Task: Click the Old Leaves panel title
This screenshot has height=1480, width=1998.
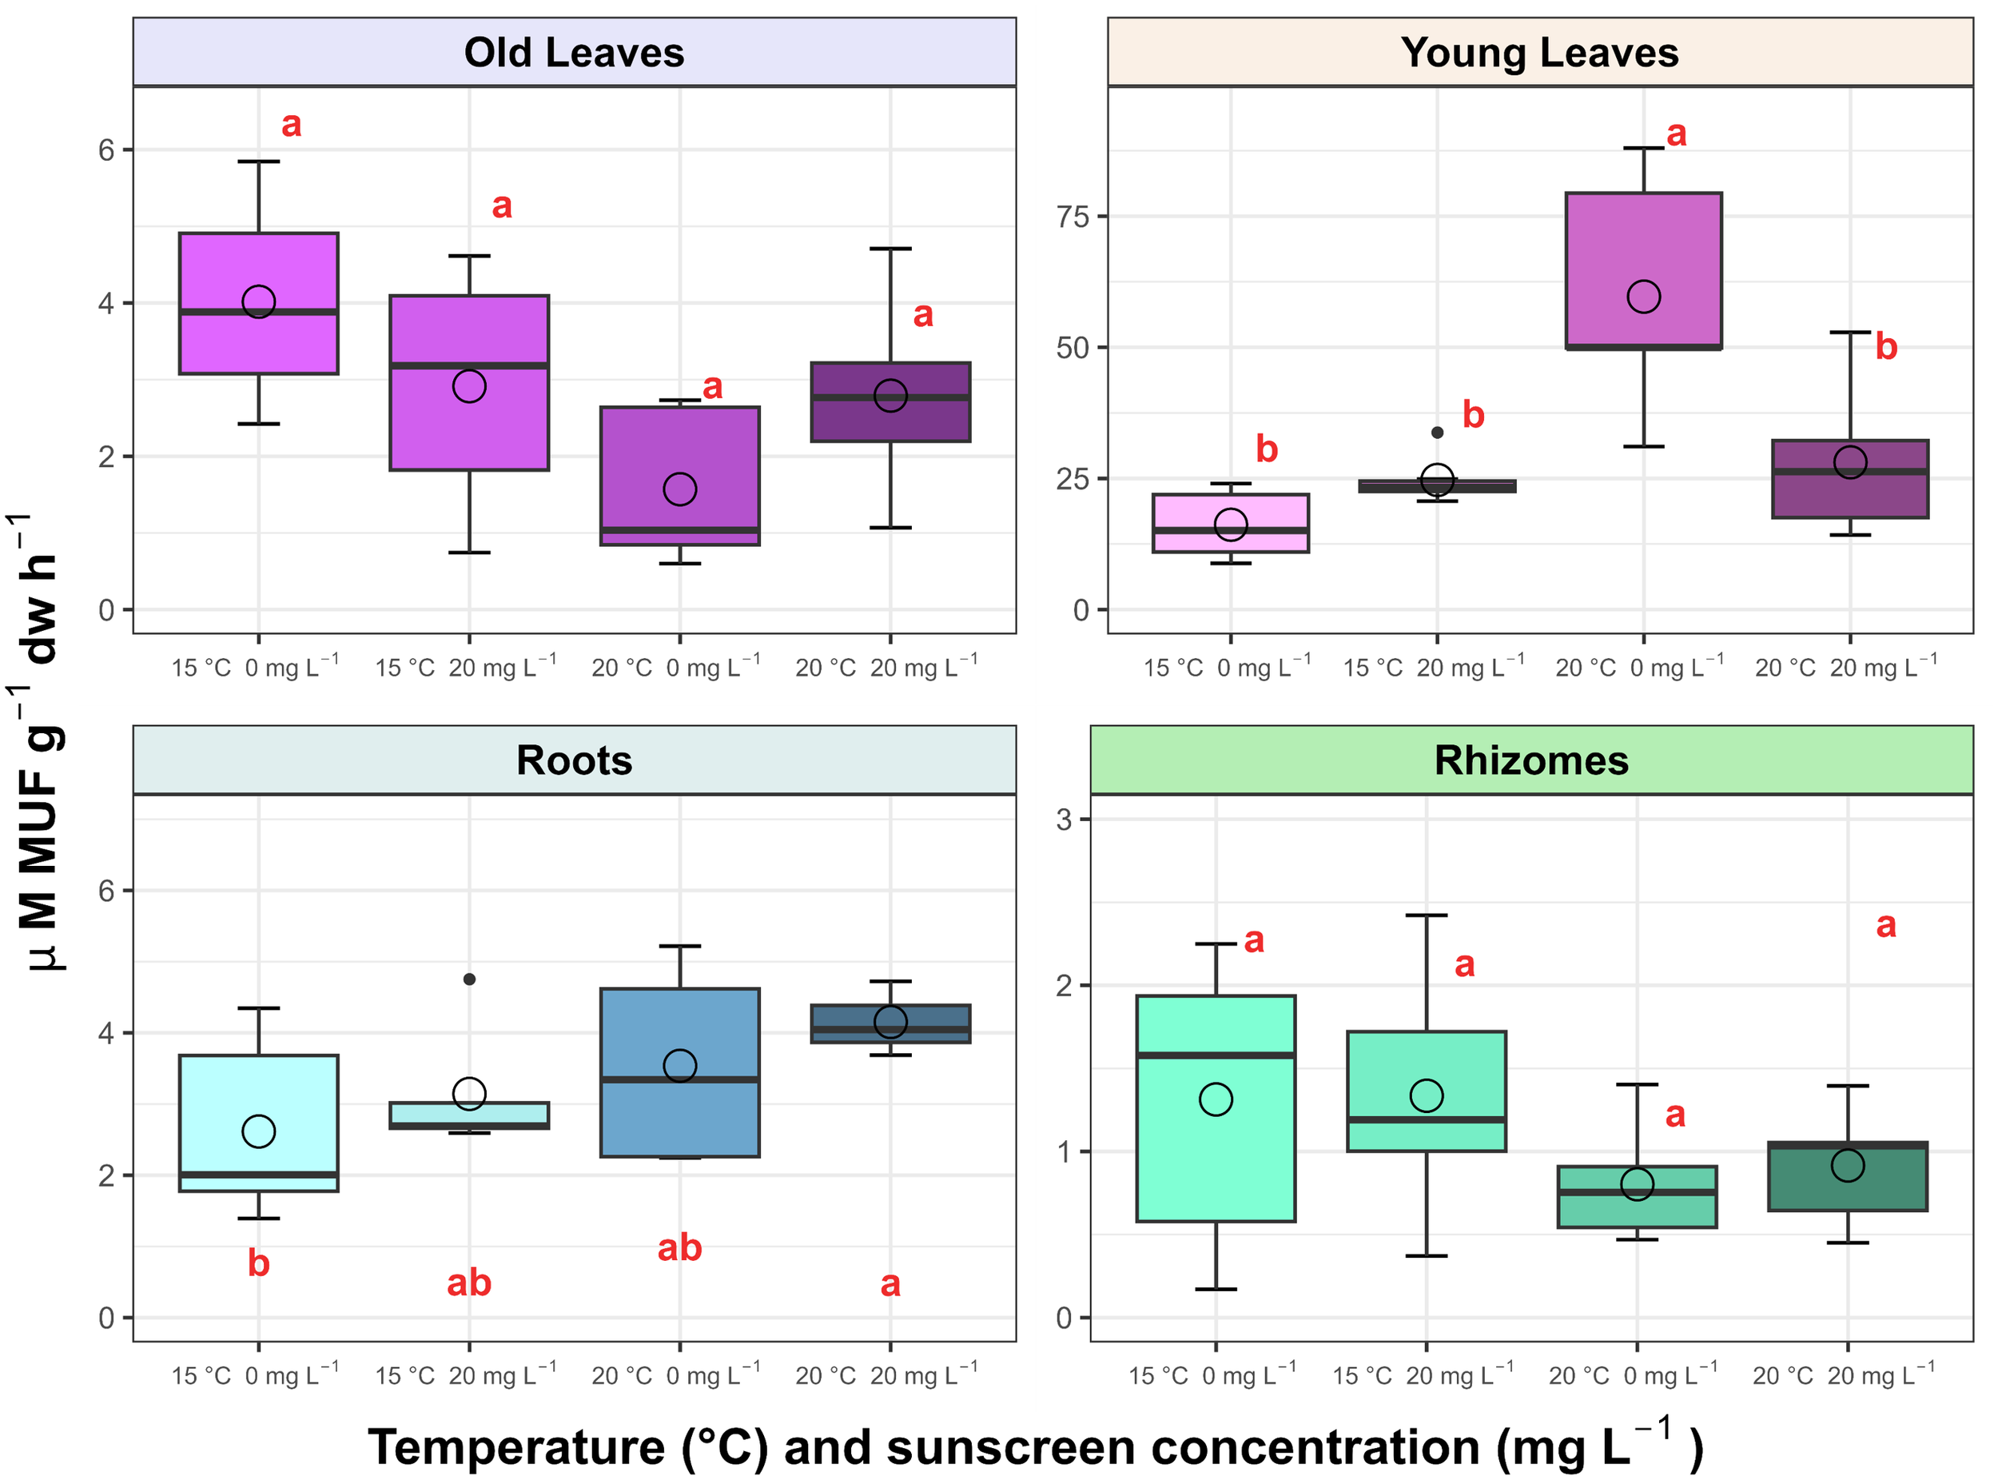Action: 574,53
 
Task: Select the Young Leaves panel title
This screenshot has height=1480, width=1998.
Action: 1539,53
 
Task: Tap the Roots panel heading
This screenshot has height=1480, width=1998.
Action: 574,760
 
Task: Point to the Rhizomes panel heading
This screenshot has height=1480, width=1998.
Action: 1531,760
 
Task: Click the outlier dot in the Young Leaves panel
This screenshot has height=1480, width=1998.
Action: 1438,433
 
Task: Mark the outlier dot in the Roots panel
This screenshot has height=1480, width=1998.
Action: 469,979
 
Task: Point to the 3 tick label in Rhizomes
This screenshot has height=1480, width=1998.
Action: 1064,820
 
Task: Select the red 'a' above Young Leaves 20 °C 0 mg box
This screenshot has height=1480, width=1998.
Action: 1677,134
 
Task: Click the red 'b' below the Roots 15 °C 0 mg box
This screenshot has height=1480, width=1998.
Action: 259,1264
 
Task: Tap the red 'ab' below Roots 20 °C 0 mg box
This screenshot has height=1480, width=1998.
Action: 680,1248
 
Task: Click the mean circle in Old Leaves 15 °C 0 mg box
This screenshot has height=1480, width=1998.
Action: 259,302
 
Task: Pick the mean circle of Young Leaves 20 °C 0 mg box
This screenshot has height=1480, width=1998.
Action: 1644,297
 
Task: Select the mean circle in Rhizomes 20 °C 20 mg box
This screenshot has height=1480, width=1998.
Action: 1848,1166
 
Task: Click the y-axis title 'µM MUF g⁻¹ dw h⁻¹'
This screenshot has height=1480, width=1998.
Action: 40,744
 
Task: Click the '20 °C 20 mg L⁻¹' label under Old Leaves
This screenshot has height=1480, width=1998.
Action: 886,668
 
